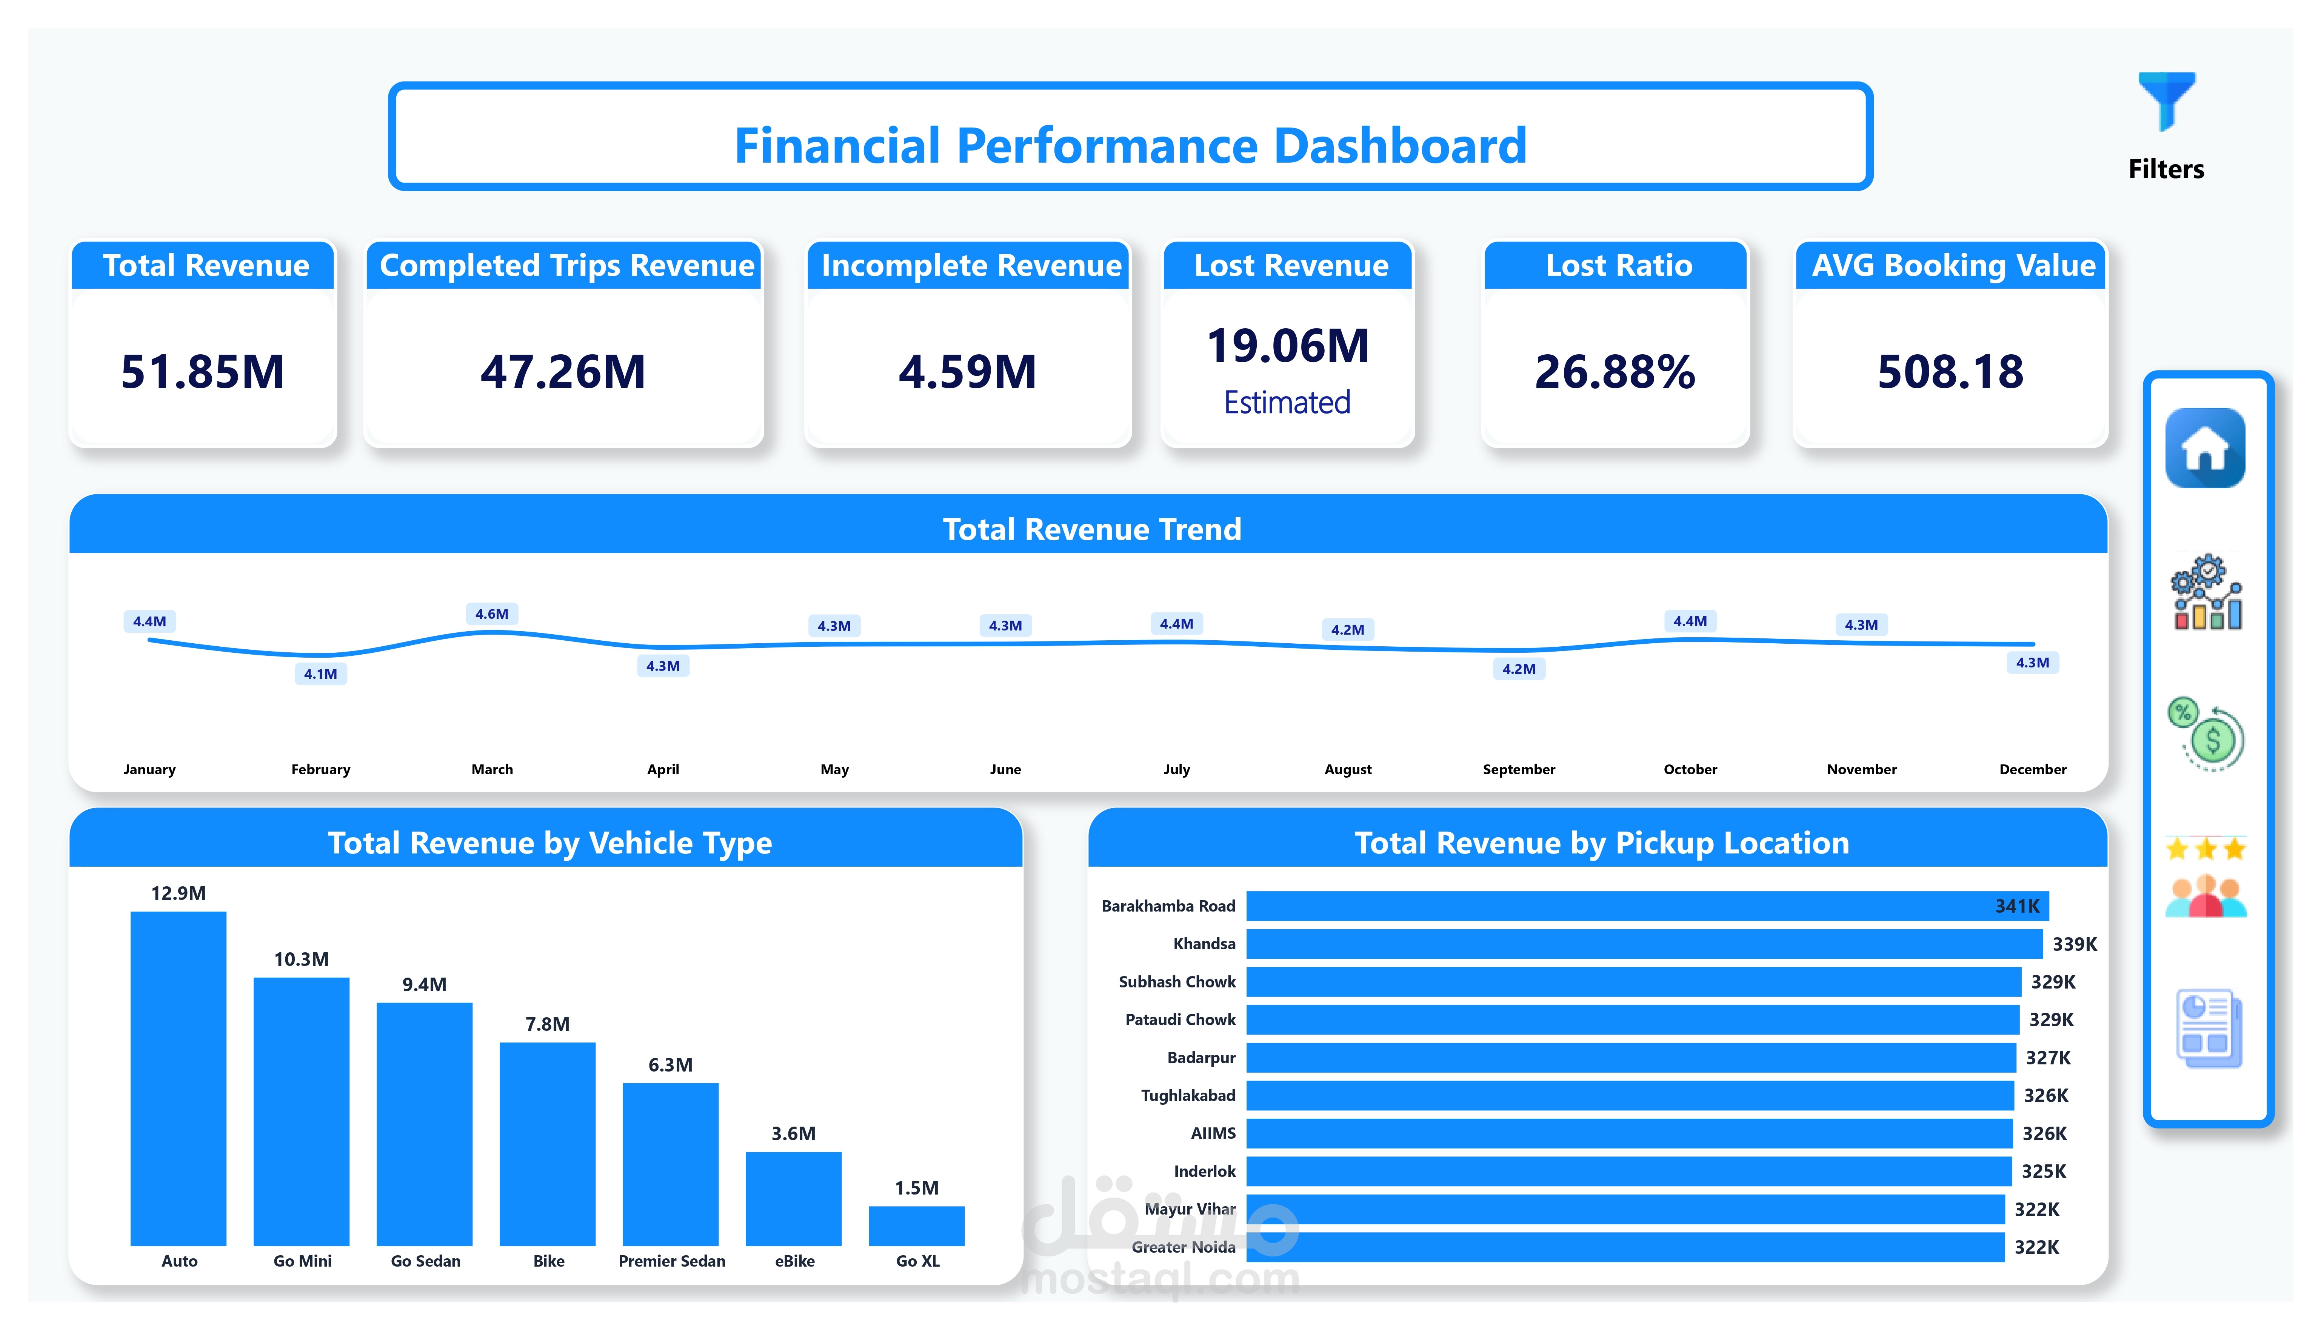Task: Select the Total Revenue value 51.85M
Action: click(x=203, y=372)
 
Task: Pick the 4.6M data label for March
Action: click(x=491, y=614)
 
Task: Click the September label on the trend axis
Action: click(x=1518, y=769)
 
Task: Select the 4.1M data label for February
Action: click(x=321, y=674)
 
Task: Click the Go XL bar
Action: click(x=916, y=1226)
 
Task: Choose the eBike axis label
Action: click(x=795, y=1261)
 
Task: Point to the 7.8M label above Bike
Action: click(x=547, y=1024)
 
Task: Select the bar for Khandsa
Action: click(x=1644, y=944)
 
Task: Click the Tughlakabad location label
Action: click(x=1187, y=1095)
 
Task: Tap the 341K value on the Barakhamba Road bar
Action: click(x=2017, y=906)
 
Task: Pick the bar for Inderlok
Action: click(x=1628, y=1171)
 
